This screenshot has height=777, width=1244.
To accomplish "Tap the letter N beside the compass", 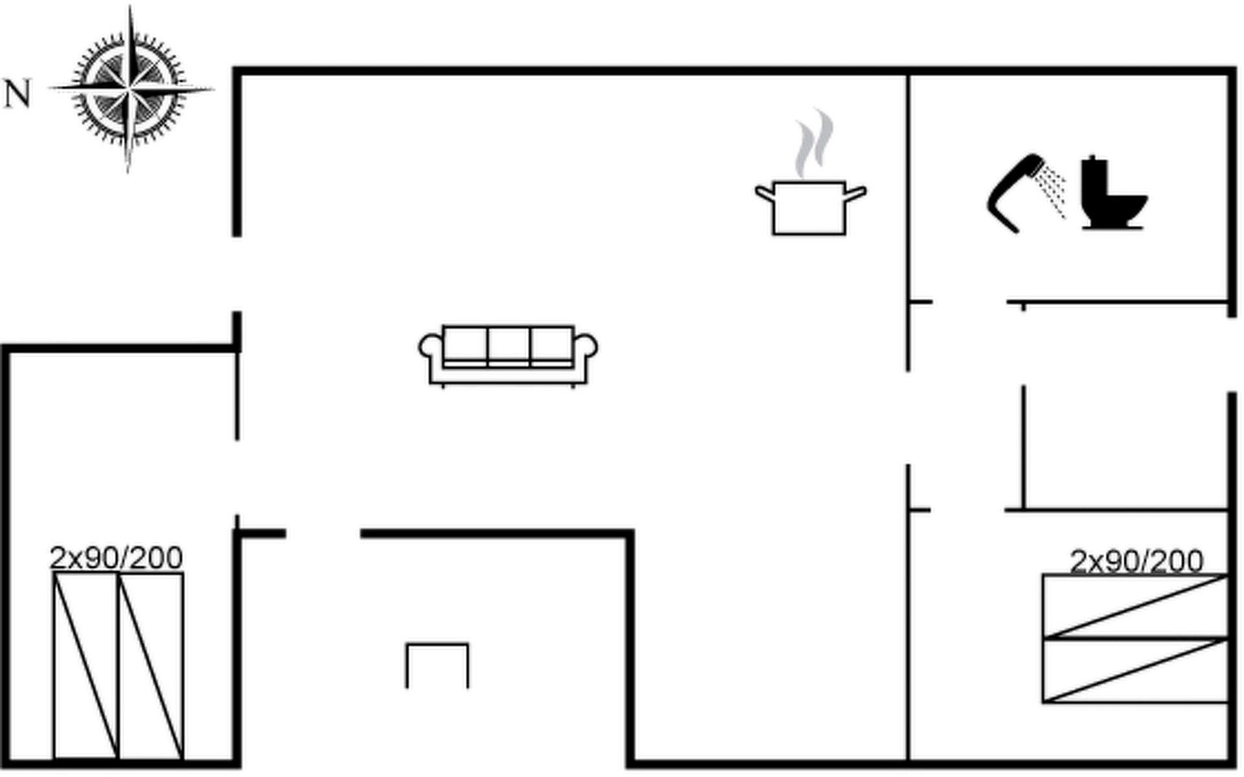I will click(17, 94).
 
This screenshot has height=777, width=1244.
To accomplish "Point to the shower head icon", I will click(1014, 191).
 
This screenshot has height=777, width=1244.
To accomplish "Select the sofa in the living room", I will click(508, 355).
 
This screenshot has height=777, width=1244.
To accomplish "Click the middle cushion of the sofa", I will click(509, 344).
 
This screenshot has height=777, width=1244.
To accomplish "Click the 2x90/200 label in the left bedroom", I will click(117, 558).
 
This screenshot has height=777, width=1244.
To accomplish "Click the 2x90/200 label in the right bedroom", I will click(1136, 561).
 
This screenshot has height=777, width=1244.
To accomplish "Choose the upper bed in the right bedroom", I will click(1136, 606).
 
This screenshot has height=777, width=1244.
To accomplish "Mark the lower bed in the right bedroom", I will click(1136, 670).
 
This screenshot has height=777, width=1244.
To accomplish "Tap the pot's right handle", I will click(857, 193).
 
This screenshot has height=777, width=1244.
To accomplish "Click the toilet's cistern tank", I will click(1094, 178).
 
